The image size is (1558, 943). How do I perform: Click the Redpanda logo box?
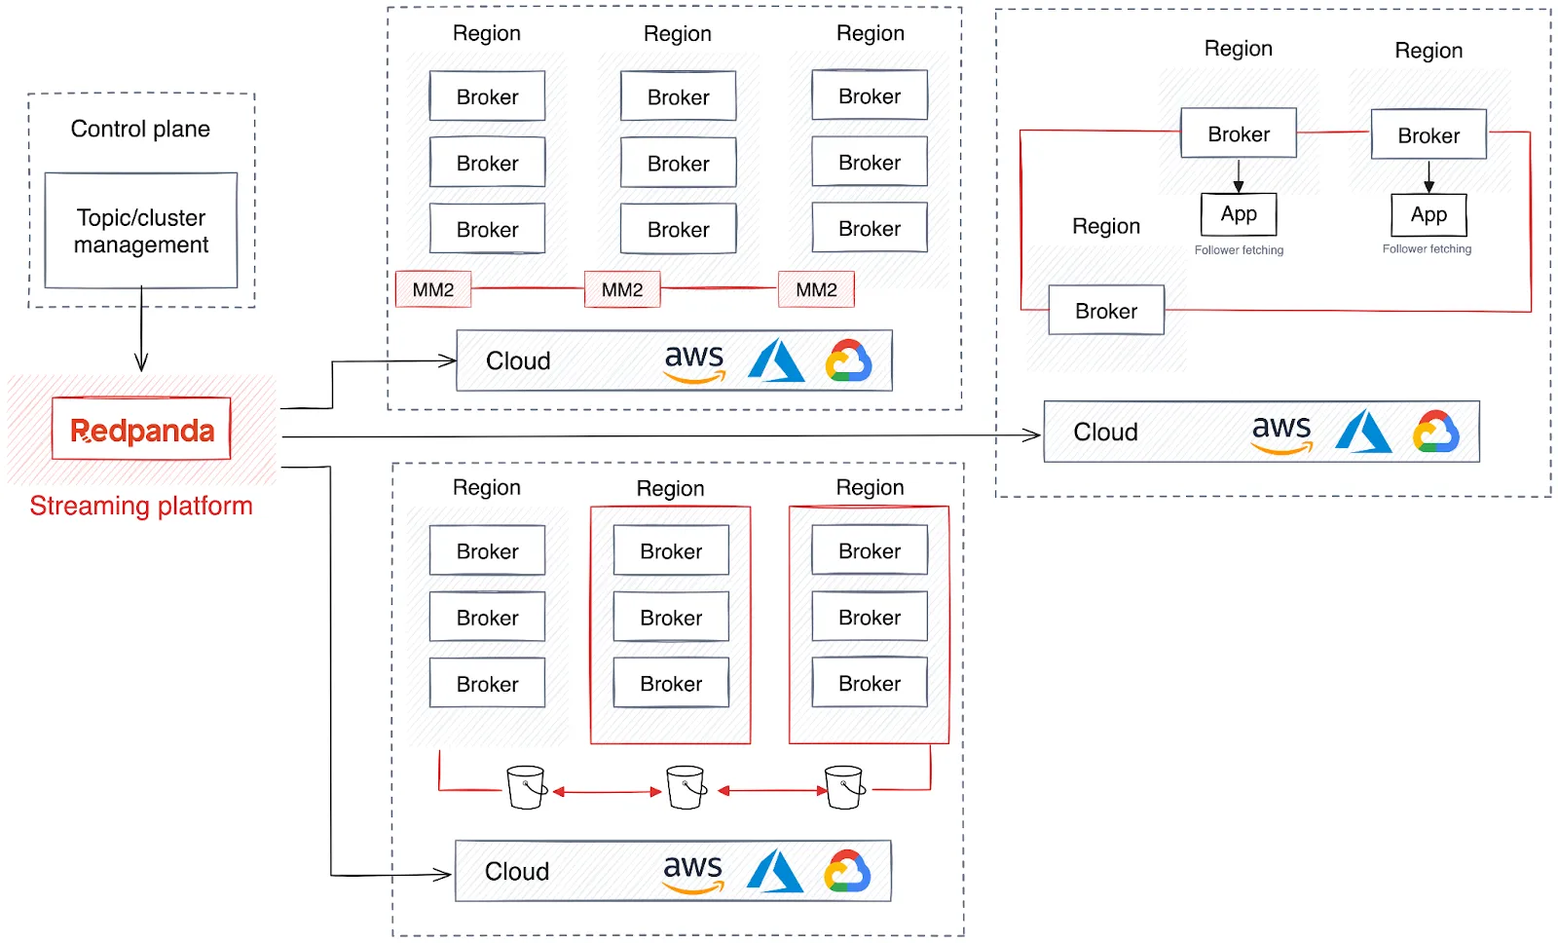tap(141, 430)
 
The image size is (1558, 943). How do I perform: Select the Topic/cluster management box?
tap(141, 231)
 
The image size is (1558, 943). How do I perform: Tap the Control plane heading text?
tap(140, 129)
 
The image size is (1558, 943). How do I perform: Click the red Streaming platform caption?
tap(141, 506)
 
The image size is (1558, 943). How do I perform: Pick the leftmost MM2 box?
tap(433, 289)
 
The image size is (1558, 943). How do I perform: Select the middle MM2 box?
tap(621, 289)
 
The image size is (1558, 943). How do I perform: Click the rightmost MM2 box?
tap(816, 289)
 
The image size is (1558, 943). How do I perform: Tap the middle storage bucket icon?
tap(686, 787)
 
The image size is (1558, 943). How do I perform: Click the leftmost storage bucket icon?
tap(526, 787)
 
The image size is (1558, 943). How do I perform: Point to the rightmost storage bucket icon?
tap(843, 787)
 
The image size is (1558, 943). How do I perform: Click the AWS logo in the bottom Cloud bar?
tap(692, 872)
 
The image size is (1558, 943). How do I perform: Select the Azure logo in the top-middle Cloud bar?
tap(776, 360)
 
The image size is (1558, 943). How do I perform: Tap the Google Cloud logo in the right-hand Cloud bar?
tap(1436, 432)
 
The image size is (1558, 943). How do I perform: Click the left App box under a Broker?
tap(1239, 214)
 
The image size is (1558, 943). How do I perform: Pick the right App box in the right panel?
tap(1428, 215)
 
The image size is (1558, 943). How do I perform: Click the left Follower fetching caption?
tap(1239, 250)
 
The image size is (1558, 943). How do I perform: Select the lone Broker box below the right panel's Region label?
tap(1106, 311)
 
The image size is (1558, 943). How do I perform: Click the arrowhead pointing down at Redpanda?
tap(141, 363)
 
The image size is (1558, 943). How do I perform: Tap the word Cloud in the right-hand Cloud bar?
tap(1105, 432)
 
